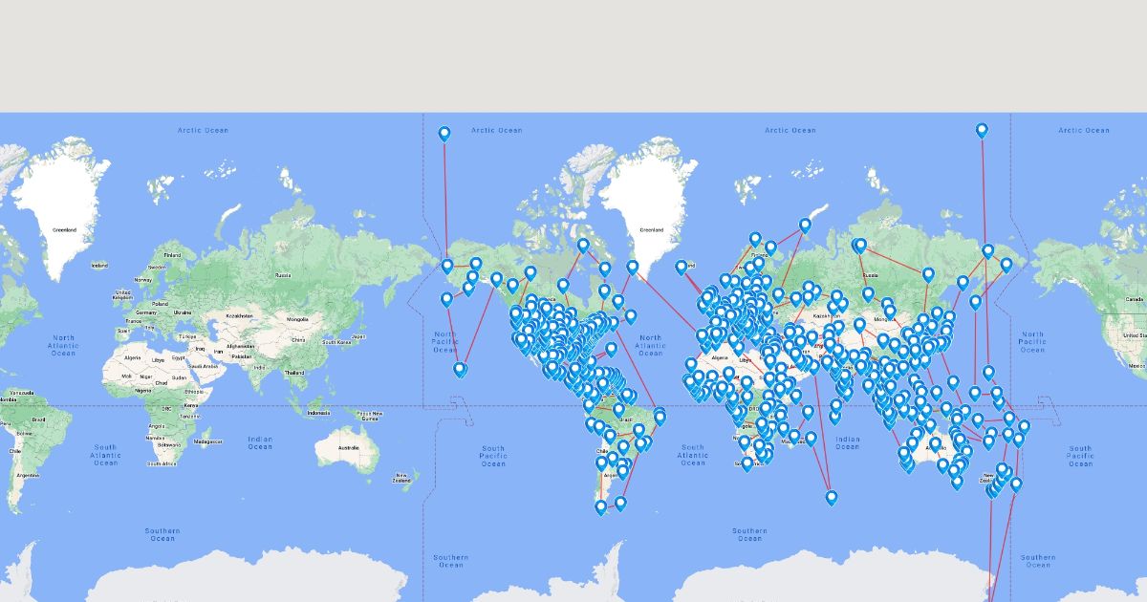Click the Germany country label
(146, 312)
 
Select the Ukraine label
(182, 312)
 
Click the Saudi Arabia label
(202, 365)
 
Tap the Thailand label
(294, 373)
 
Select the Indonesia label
(319, 413)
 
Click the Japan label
(358, 336)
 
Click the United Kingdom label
(122, 295)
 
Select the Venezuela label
(19, 393)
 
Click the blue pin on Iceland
(682, 267)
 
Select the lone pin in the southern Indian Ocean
(832, 497)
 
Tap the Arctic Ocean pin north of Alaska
(444, 134)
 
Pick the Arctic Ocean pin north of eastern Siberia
(982, 130)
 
